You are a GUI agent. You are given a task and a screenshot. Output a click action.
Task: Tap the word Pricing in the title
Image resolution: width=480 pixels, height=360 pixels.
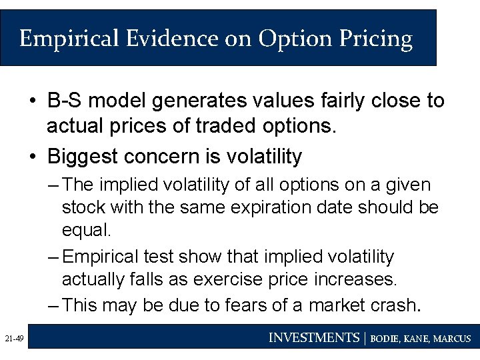pos(379,39)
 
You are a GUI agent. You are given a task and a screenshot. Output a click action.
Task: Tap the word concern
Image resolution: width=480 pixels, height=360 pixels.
pos(164,157)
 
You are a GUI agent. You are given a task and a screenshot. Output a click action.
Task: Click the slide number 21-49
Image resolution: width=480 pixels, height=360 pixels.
pos(13,339)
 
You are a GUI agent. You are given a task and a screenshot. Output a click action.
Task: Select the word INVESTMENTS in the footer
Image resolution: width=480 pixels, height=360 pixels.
pos(313,338)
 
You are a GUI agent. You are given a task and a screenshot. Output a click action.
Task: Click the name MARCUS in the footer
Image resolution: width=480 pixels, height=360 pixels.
pos(452,339)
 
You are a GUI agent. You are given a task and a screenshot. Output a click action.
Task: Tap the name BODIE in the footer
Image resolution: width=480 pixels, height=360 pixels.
pos(385,339)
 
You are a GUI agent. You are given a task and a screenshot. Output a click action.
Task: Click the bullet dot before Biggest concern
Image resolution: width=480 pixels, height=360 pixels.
pos(33,157)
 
